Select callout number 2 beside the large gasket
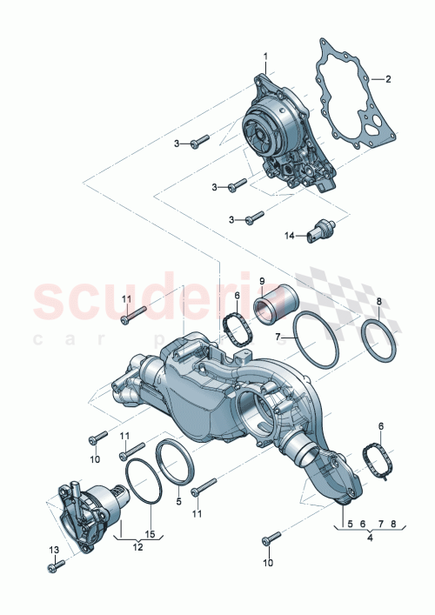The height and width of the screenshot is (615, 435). [388, 79]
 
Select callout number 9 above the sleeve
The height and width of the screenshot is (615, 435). [260, 281]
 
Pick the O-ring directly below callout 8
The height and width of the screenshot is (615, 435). [379, 340]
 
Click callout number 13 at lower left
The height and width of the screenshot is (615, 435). [52, 550]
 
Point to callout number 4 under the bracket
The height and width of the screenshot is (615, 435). [370, 538]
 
